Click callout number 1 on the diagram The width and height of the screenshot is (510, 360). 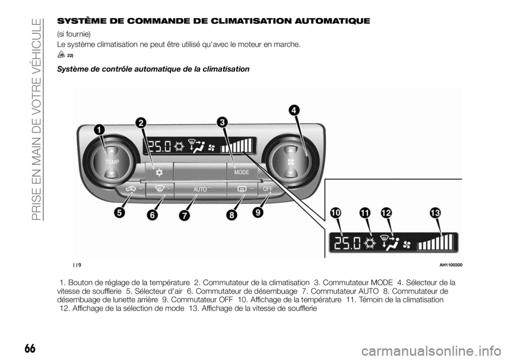coord(99,129)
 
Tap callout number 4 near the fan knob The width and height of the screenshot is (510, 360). coord(293,110)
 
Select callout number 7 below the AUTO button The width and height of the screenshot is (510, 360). coord(184,216)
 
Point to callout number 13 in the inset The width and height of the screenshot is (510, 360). coord(435,212)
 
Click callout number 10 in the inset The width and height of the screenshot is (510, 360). coord(335,212)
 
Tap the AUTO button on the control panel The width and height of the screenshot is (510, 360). coord(200,188)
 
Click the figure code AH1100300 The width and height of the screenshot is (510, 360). coord(450,265)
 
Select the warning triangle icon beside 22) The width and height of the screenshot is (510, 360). coord(62,55)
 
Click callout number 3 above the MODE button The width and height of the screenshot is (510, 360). coord(221,122)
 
